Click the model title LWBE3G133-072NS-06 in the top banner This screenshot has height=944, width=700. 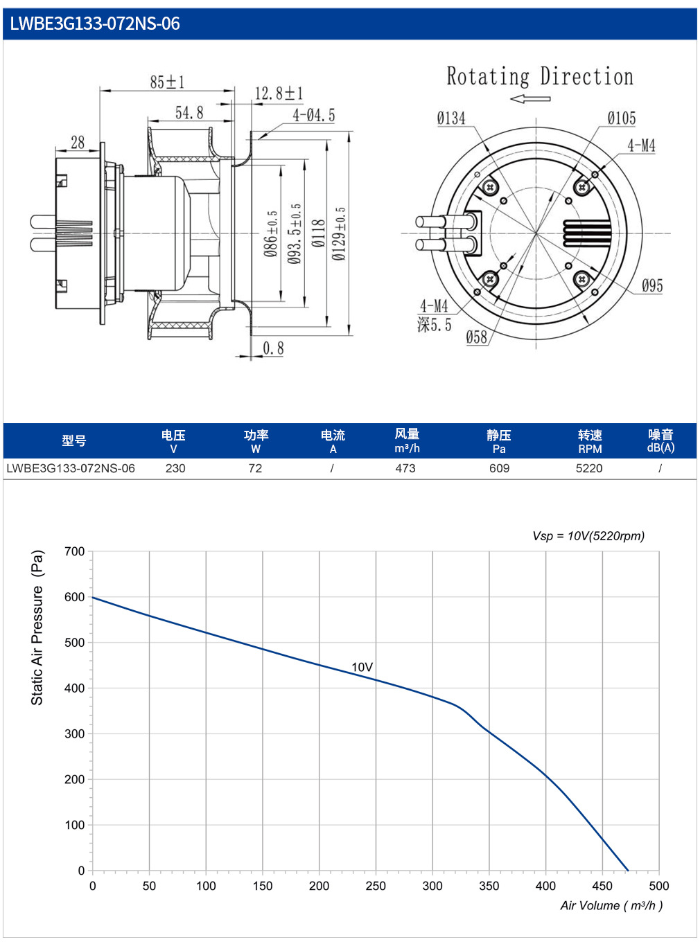point(94,24)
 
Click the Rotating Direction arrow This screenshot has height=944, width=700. point(530,99)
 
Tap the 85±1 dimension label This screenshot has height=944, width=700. point(167,82)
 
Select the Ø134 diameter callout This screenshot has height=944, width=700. point(451,118)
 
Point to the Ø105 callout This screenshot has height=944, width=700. point(622,118)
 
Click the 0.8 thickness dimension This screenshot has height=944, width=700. point(273,348)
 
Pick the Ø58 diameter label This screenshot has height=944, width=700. point(476,337)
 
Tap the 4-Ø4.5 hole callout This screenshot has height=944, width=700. point(313,115)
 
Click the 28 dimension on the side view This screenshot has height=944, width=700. point(78,143)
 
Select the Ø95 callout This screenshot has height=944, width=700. point(652,285)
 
